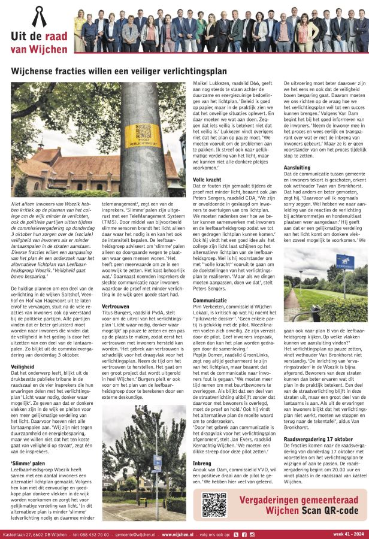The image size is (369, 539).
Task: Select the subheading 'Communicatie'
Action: click(x=210, y=300)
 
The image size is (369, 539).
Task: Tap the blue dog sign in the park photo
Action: click(x=344, y=261)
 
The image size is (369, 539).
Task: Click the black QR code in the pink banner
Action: click(x=213, y=504)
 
